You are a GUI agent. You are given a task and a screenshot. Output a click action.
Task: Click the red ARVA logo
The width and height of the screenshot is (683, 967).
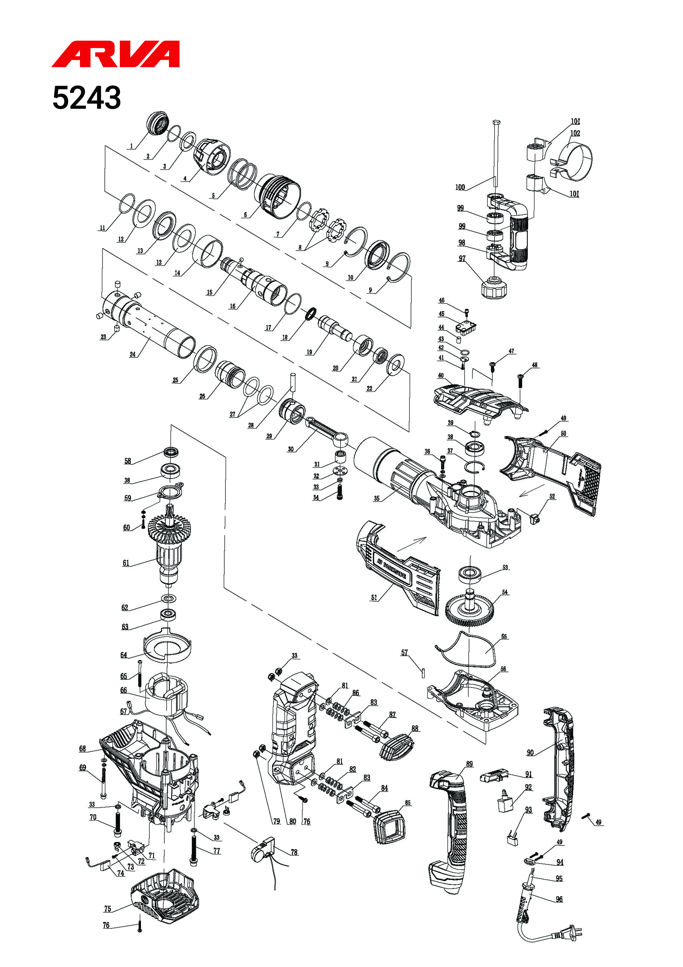(x=116, y=54)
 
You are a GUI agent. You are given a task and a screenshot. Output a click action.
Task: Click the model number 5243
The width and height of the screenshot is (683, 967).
(x=87, y=98)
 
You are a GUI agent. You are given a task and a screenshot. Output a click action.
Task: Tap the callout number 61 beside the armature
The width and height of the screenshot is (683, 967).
(x=126, y=563)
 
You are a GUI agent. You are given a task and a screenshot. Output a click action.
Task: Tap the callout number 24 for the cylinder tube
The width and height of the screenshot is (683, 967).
(x=132, y=354)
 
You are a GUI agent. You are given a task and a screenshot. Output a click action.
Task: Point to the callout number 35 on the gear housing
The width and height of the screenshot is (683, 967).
(x=377, y=498)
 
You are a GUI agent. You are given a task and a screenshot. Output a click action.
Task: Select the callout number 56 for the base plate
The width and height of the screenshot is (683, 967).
(x=503, y=669)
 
